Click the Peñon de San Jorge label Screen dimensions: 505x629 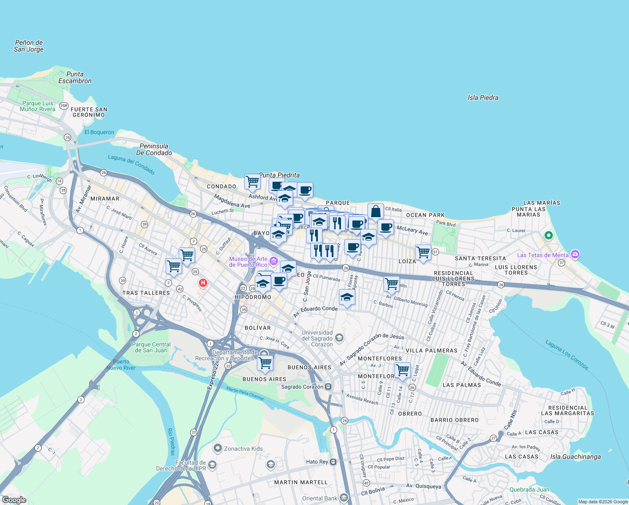29,46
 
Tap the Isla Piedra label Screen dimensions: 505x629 483,98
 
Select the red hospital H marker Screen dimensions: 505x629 203,283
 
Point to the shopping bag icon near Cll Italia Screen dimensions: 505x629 375,211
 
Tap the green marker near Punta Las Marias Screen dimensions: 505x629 548,236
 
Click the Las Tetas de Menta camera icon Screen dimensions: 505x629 575,255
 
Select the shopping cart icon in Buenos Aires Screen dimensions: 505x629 265,363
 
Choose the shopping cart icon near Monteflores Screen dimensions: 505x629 402,370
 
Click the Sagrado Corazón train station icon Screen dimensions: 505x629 328,387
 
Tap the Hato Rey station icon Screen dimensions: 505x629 333,462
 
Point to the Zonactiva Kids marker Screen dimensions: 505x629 217,448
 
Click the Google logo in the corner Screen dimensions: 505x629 14,500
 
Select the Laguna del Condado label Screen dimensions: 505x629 131,164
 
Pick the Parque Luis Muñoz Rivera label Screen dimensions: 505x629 37,106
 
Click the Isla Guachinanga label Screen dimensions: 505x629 575,457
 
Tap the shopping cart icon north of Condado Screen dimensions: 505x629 252,182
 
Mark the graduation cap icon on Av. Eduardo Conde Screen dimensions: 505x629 346,298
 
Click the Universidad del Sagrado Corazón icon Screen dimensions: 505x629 339,338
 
